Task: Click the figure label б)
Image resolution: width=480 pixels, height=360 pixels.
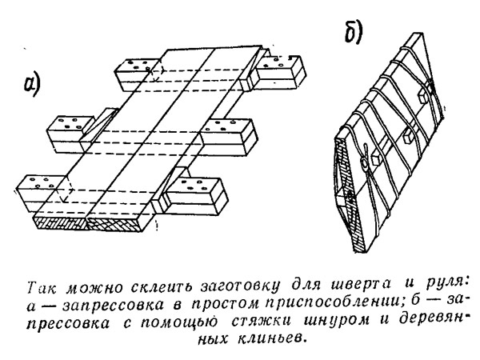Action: tap(354, 33)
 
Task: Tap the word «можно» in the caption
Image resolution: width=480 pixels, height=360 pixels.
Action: tap(95, 287)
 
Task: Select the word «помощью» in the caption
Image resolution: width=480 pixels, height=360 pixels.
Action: tap(178, 322)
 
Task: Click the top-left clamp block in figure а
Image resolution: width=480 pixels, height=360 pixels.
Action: tap(134, 74)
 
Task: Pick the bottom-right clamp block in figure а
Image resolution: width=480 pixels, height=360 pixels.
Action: tap(196, 196)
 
